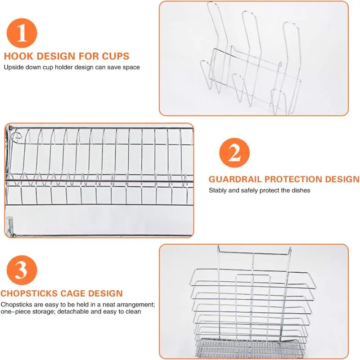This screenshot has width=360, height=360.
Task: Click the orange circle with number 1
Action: pos(22,33)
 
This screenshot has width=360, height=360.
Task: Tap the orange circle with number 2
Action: pos(234,153)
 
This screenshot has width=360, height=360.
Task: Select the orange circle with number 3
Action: pos(22,270)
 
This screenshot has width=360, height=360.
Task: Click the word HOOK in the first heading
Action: pos(18,56)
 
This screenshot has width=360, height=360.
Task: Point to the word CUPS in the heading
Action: pos(116,56)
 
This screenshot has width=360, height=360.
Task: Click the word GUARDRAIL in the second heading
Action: pos(235,179)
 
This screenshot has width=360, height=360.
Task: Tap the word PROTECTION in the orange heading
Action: pos(293,179)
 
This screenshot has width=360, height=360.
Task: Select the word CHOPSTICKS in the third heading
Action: pos(29,293)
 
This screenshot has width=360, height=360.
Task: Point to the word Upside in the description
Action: pos(14,67)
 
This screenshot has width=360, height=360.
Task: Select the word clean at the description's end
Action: pos(133,311)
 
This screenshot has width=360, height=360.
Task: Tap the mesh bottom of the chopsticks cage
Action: pos(251,349)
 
